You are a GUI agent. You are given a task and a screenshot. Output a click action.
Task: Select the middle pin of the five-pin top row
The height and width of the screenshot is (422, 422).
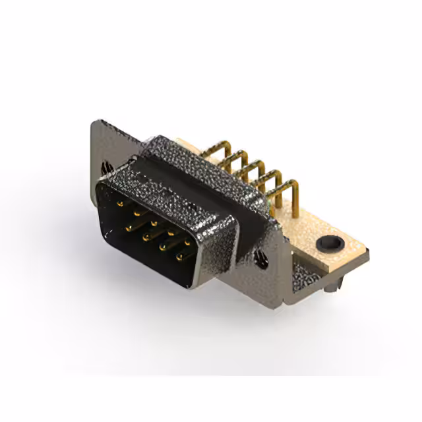[154, 223]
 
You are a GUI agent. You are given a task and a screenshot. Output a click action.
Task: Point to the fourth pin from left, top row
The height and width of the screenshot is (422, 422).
[170, 232]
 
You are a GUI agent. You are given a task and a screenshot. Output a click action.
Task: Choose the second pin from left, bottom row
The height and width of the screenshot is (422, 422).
[145, 237]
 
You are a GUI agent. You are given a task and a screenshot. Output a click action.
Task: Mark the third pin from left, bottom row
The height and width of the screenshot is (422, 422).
[162, 248]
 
